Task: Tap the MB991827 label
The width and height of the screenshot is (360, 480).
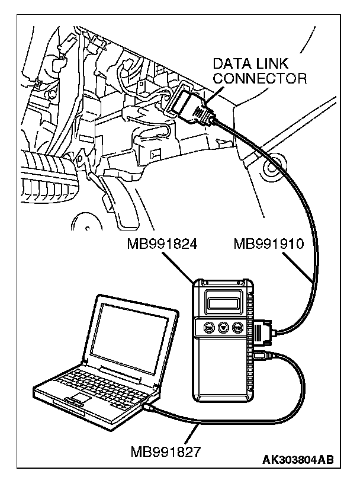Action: (166, 452)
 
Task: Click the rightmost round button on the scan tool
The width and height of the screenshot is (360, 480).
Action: (238, 327)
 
